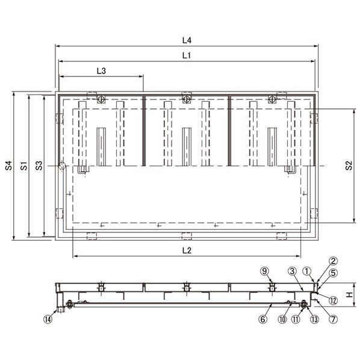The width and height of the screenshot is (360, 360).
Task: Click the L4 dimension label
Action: [187, 40]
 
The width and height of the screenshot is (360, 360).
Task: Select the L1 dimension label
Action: [187, 55]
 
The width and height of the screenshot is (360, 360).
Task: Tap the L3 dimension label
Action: [101, 71]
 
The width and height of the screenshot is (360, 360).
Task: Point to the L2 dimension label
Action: [187, 250]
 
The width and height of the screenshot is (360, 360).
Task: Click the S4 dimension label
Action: [8, 166]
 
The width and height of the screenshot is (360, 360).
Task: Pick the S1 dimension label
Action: [23, 166]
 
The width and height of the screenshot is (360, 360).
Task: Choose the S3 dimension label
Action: [39, 166]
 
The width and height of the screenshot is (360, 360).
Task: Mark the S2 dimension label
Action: [349, 166]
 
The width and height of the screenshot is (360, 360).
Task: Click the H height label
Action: [349, 294]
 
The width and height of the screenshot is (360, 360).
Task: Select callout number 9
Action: [264, 271]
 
